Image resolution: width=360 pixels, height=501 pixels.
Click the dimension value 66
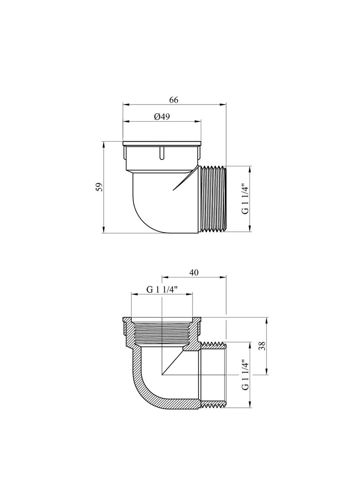point(174,100)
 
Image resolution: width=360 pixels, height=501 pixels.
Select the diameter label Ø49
point(162,117)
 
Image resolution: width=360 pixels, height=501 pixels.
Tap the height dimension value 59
point(99,187)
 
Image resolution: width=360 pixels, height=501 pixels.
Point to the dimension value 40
point(194,273)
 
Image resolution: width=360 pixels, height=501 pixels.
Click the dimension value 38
point(262,345)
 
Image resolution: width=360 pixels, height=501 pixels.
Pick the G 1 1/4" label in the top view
point(245,198)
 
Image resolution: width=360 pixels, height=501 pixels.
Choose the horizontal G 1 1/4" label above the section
point(162,290)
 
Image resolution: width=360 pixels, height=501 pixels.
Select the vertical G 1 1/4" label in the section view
point(245,375)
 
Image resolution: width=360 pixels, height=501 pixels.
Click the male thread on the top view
point(213,199)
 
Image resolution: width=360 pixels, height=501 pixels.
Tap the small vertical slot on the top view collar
point(161,153)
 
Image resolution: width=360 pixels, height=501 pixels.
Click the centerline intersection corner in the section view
point(162,374)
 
